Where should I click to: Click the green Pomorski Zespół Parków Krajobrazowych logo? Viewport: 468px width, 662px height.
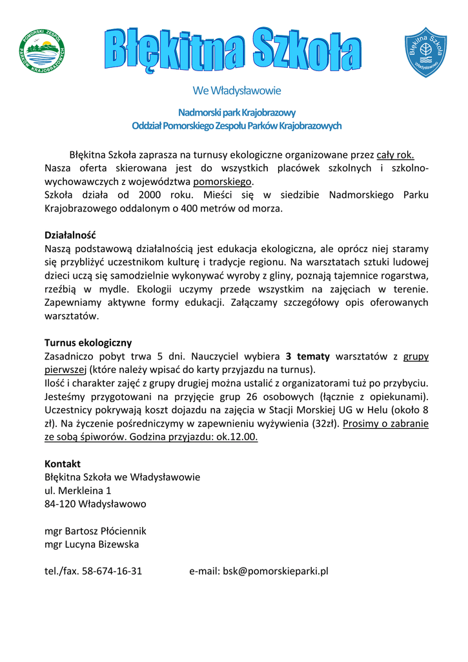point(42,51)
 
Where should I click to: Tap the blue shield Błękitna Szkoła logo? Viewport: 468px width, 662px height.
point(425,52)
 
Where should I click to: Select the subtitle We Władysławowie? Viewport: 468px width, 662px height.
point(236,91)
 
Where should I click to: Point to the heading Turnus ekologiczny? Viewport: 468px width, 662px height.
point(88,343)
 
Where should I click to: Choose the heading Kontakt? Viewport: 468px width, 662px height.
point(63,464)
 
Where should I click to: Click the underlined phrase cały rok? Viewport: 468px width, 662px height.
point(395,155)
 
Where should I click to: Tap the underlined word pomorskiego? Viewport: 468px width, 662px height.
point(221,182)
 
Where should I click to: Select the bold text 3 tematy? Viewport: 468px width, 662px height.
point(308,356)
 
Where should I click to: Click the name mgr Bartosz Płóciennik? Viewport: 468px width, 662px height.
point(96,531)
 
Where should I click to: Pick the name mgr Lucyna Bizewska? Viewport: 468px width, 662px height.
point(92,544)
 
